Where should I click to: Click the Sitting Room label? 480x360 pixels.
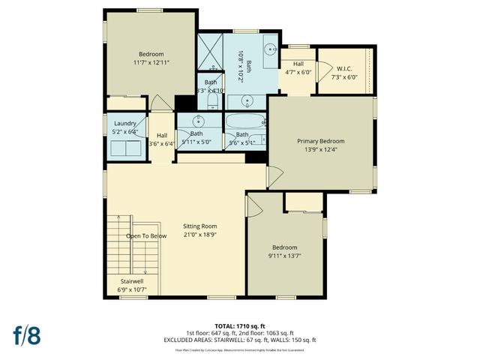point(199,226)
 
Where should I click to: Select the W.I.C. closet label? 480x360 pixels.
point(346,68)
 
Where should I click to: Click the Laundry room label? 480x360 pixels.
point(124,124)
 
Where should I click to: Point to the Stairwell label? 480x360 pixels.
point(131,280)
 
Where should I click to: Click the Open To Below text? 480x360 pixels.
point(146,235)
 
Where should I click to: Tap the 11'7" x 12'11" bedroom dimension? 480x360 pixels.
point(152,62)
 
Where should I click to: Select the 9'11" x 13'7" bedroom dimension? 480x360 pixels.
point(284,256)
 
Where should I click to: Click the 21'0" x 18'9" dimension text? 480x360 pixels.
point(199,234)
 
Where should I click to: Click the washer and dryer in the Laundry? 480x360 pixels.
point(124,147)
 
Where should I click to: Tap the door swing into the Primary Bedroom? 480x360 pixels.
point(275,176)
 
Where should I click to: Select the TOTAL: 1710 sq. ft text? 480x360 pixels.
point(240,325)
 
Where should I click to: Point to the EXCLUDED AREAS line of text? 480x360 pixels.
point(240,340)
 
